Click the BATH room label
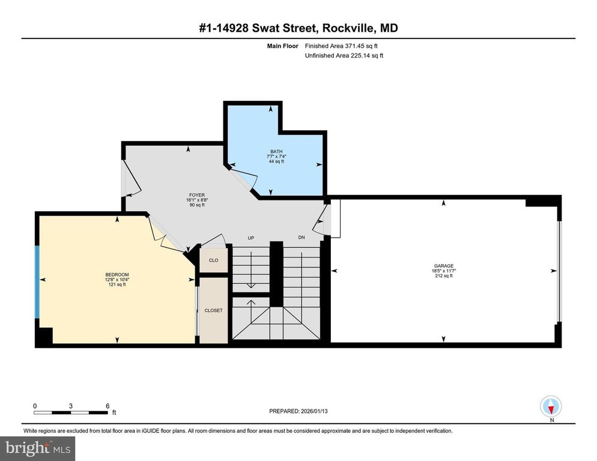(x=276, y=151)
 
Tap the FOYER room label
(x=196, y=195)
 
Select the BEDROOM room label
(x=117, y=275)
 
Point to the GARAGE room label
(x=444, y=266)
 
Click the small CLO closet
(x=213, y=261)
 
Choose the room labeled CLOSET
(x=213, y=310)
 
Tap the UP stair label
(x=252, y=238)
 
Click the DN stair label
(x=302, y=238)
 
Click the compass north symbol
(x=551, y=407)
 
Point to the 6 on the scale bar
(x=108, y=406)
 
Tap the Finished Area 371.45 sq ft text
(x=341, y=46)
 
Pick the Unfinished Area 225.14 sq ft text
(x=344, y=56)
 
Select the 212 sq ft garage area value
(x=444, y=276)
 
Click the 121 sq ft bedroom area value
(x=117, y=285)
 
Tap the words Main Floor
(x=283, y=46)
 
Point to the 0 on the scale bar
(x=35, y=406)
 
